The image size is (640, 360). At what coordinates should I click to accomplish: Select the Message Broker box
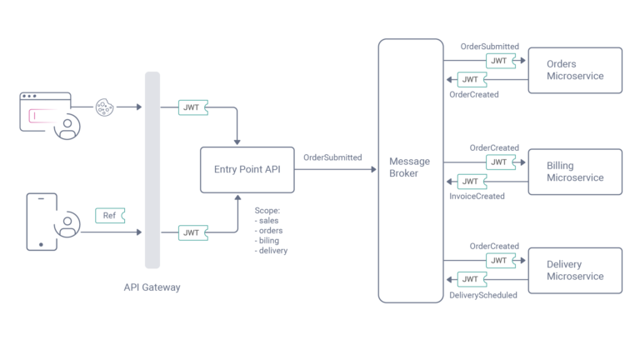coord(410,170)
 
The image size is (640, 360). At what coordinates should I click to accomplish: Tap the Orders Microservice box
coord(574,70)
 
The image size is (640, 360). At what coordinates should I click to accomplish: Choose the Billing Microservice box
coord(574,172)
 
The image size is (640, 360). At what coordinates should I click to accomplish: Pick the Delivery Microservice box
coord(574,270)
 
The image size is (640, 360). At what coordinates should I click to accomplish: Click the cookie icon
coord(104,107)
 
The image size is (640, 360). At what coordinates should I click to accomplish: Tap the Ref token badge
coord(109,216)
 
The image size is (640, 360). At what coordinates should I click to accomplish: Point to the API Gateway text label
coord(152,287)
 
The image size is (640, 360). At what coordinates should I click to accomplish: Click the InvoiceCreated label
coord(477,197)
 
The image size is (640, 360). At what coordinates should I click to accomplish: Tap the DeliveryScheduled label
coord(483,295)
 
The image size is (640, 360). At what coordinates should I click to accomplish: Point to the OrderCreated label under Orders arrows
coord(474,95)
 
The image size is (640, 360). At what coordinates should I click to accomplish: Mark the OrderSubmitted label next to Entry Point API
coord(332,157)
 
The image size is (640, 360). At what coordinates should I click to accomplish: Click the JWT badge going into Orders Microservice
coord(498,61)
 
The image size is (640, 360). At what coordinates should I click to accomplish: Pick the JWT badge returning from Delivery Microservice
coord(471,279)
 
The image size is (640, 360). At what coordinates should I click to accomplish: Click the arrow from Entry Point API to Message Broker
coord(333,170)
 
